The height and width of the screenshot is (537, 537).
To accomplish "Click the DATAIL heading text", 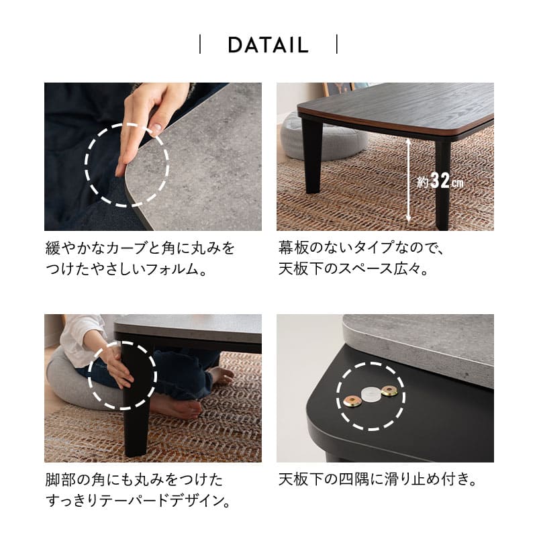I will (x=268, y=46).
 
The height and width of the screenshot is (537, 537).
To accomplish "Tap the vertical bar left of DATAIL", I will (x=200, y=46).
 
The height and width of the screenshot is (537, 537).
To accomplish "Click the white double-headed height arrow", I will (x=407, y=180).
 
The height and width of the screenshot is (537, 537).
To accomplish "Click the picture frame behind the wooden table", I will (x=339, y=89).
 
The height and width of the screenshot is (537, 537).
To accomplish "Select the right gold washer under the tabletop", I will (x=389, y=391).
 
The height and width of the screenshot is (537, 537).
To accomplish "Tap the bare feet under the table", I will (x=181, y=403).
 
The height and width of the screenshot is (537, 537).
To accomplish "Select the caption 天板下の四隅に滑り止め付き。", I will (x=377, y=480).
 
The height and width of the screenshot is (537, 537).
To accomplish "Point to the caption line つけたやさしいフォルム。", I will (x=125, y=270).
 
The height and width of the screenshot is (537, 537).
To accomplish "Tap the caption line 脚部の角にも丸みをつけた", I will (x=134, y=480).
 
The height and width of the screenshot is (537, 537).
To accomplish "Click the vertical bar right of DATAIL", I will (x=336, y=46).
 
